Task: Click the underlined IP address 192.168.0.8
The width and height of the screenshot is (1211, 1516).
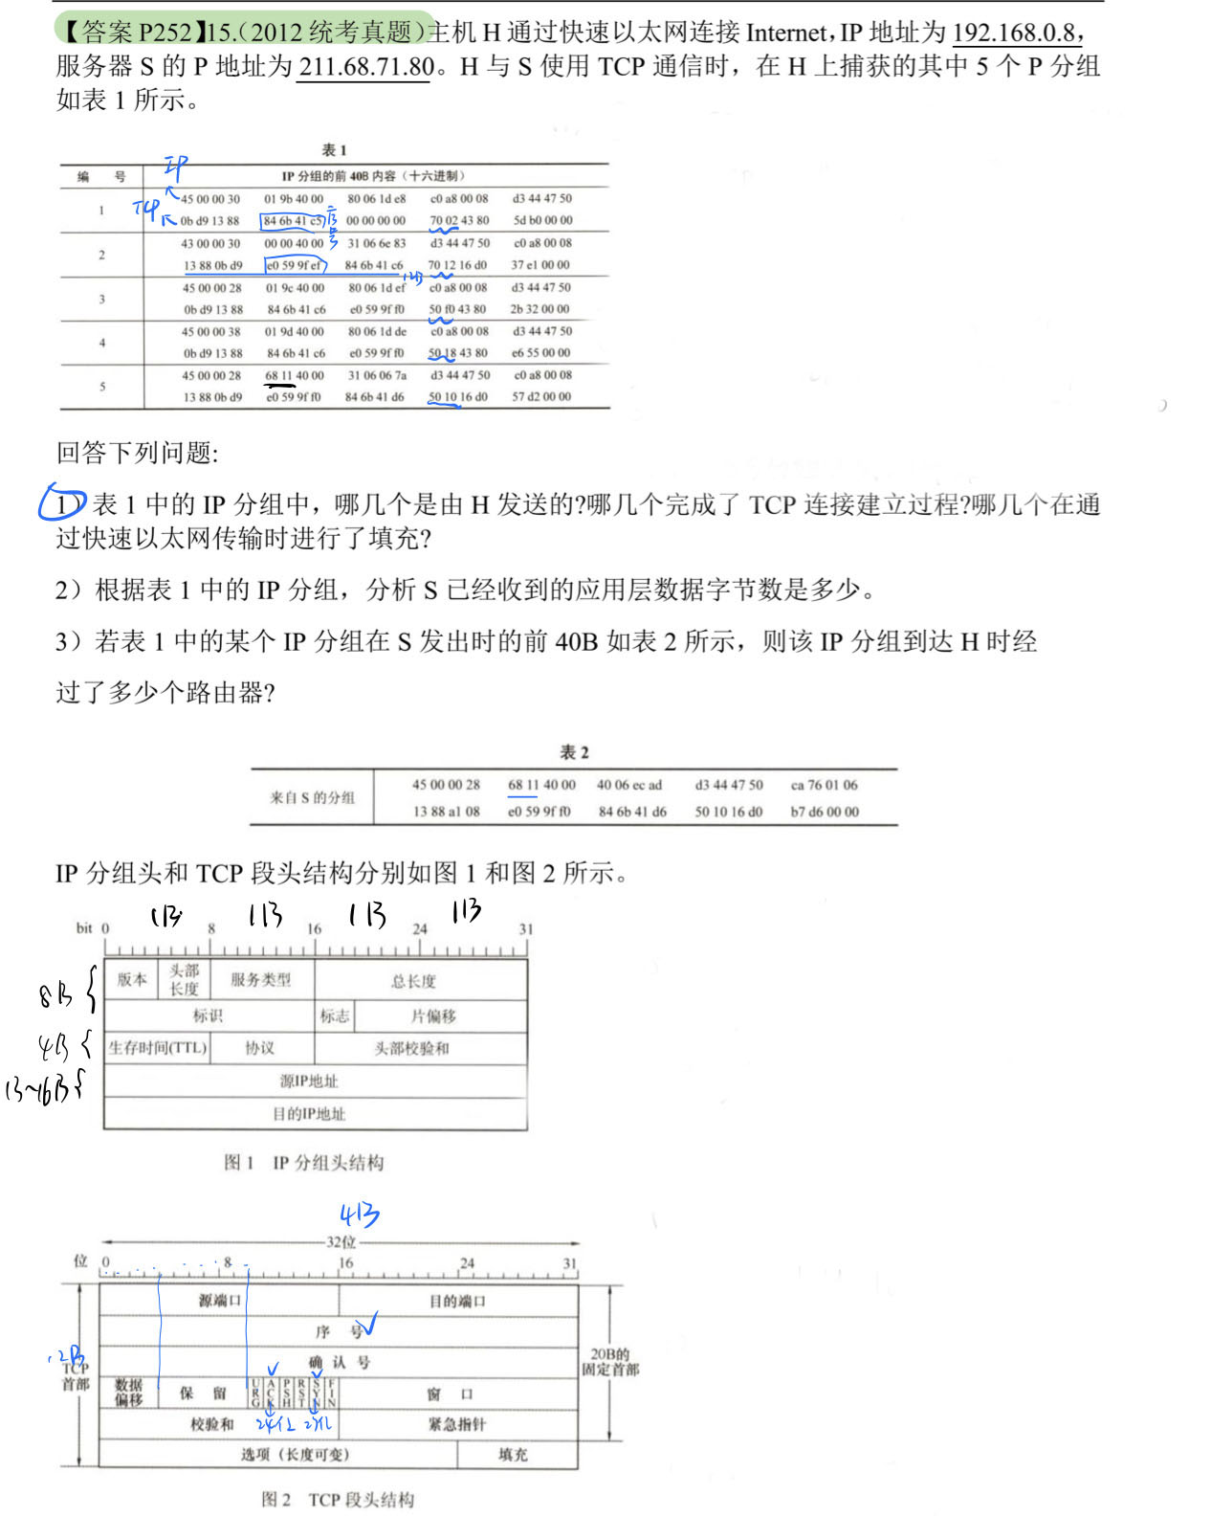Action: tap(1017, 33)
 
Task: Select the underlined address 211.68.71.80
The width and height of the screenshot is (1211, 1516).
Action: tap(366, 67)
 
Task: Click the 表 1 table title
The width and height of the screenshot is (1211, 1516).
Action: tap(334, 150)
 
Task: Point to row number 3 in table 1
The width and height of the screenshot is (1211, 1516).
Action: tap(101, 299)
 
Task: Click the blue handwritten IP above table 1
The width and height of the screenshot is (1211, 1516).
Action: tap(175, 168)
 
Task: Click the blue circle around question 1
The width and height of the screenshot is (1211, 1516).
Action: tap(62, 502)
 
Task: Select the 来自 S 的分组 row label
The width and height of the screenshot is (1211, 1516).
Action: tap(312, 797)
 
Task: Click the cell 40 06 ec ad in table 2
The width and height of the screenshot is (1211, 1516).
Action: tap(628, 785)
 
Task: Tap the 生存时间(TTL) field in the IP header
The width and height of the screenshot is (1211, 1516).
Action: tap(158, 1048)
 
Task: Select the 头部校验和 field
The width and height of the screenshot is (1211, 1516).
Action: tap(411, 1049)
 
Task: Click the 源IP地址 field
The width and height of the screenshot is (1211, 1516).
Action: tap(309, 1081)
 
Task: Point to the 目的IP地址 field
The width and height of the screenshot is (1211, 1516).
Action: tap(309, 1114)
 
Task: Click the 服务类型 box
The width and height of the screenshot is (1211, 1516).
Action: tap(260, 980)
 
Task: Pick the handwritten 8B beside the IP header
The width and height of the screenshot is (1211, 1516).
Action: tap(55, 995)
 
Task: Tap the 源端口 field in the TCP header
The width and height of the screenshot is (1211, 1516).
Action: tap(220, 1301)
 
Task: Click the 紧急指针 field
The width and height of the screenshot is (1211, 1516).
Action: tap(457, 1424)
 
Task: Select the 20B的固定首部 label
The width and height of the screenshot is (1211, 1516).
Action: tap(610, 1362)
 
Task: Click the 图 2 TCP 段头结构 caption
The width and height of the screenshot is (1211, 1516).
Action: tap(338, 1500)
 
